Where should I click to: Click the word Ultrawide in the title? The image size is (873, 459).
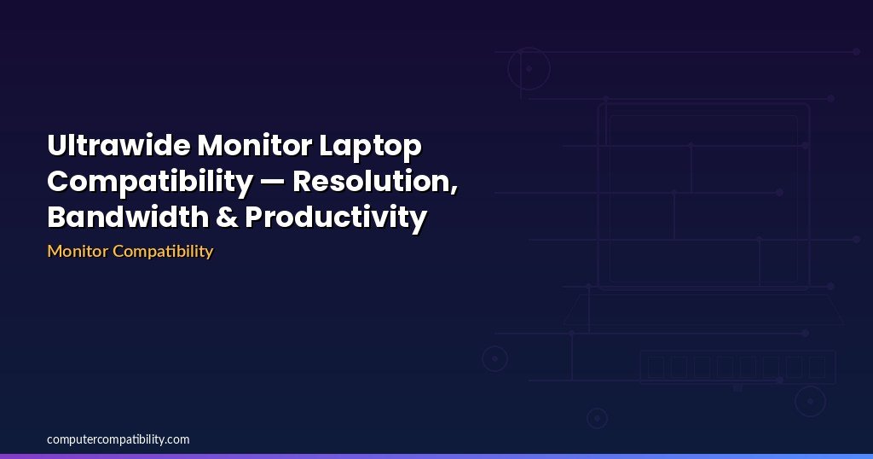point(119,145)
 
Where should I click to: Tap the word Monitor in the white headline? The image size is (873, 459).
point(254,145)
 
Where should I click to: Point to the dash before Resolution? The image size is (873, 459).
point(273,183)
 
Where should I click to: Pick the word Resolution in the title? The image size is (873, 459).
point(373,181)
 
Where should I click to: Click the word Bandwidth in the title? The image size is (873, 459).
point(128,217)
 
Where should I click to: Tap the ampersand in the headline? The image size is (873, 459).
point(226,218)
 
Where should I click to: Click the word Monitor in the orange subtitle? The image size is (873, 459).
point(78,251)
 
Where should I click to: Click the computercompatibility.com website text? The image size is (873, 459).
point(118,440)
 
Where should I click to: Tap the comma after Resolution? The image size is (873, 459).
point(455,190)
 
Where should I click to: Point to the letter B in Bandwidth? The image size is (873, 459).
point(57,218)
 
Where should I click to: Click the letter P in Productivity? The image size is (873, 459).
point(254,218)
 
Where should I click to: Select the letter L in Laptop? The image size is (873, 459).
point(327,146)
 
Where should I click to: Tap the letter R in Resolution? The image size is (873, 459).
point(303,182)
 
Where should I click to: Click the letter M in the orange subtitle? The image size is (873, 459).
point(55,251)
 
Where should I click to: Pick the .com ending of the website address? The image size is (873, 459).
point(177,440)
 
